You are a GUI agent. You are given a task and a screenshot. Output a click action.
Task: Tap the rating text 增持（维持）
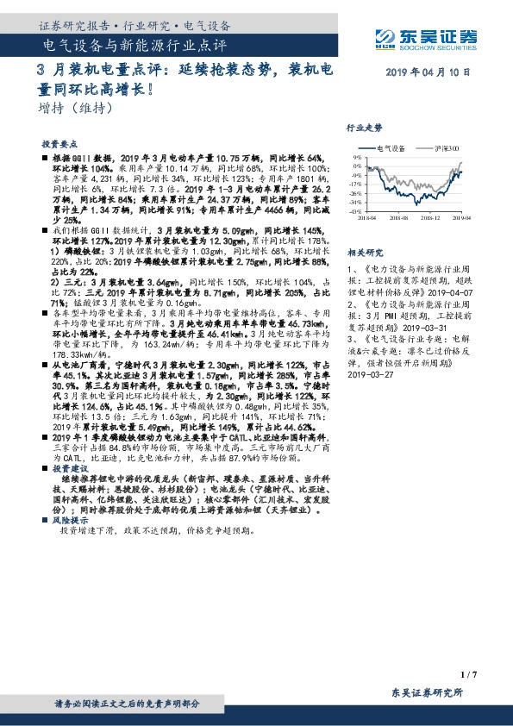(77, 109)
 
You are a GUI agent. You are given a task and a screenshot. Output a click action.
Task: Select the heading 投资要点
(59, 144)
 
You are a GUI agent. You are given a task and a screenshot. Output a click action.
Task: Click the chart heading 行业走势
(363, 127)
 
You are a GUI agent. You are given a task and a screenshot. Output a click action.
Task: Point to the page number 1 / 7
(469, 673)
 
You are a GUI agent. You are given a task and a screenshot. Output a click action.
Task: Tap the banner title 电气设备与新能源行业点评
(134, 43)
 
